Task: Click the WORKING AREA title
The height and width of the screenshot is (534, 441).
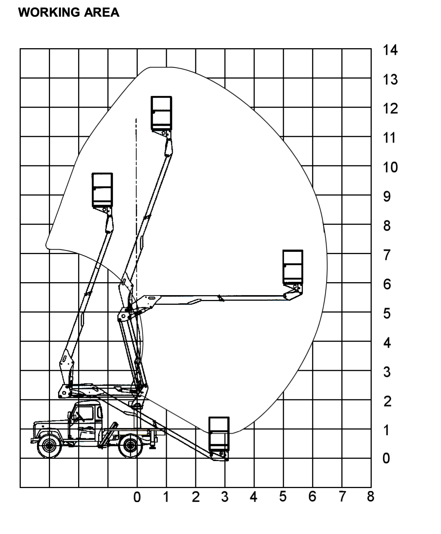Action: point(69,12)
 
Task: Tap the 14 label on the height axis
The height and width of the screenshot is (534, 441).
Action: point(390,50)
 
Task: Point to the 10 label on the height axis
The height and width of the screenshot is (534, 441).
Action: point(390,168)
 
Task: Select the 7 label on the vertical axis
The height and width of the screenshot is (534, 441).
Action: point(387,255)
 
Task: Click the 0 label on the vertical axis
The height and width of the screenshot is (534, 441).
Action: point(386,458)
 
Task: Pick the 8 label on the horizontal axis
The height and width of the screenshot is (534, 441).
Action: point(371,497)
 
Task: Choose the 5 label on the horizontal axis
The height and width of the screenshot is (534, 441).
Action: point(283,497)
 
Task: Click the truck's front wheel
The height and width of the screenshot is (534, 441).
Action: point(49,445)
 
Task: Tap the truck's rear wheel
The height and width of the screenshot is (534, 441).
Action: point(131,445)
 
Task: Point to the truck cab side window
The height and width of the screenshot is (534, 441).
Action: point(85,413)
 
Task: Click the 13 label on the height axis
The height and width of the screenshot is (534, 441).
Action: point(390,79)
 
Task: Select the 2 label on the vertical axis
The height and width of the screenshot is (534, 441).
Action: point(387,402)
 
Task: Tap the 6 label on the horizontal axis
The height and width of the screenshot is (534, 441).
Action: point(312,497)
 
